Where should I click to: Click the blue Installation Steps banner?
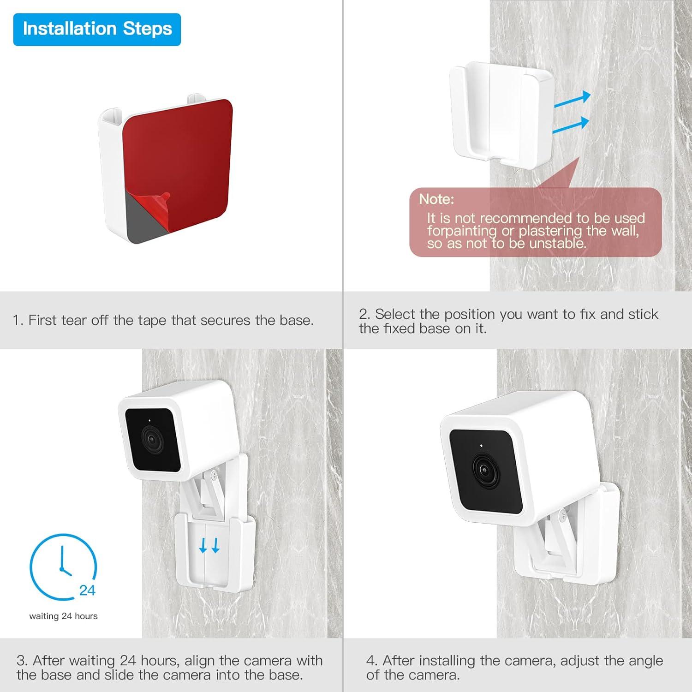[97, 29]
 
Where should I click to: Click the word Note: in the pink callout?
[436, 199]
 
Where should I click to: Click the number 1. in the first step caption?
[18, 320]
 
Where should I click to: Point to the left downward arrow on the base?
[203, 546]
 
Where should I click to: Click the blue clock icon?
[63, 567]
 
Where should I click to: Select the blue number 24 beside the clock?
[87, 591]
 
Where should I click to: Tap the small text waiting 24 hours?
[63, 616]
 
